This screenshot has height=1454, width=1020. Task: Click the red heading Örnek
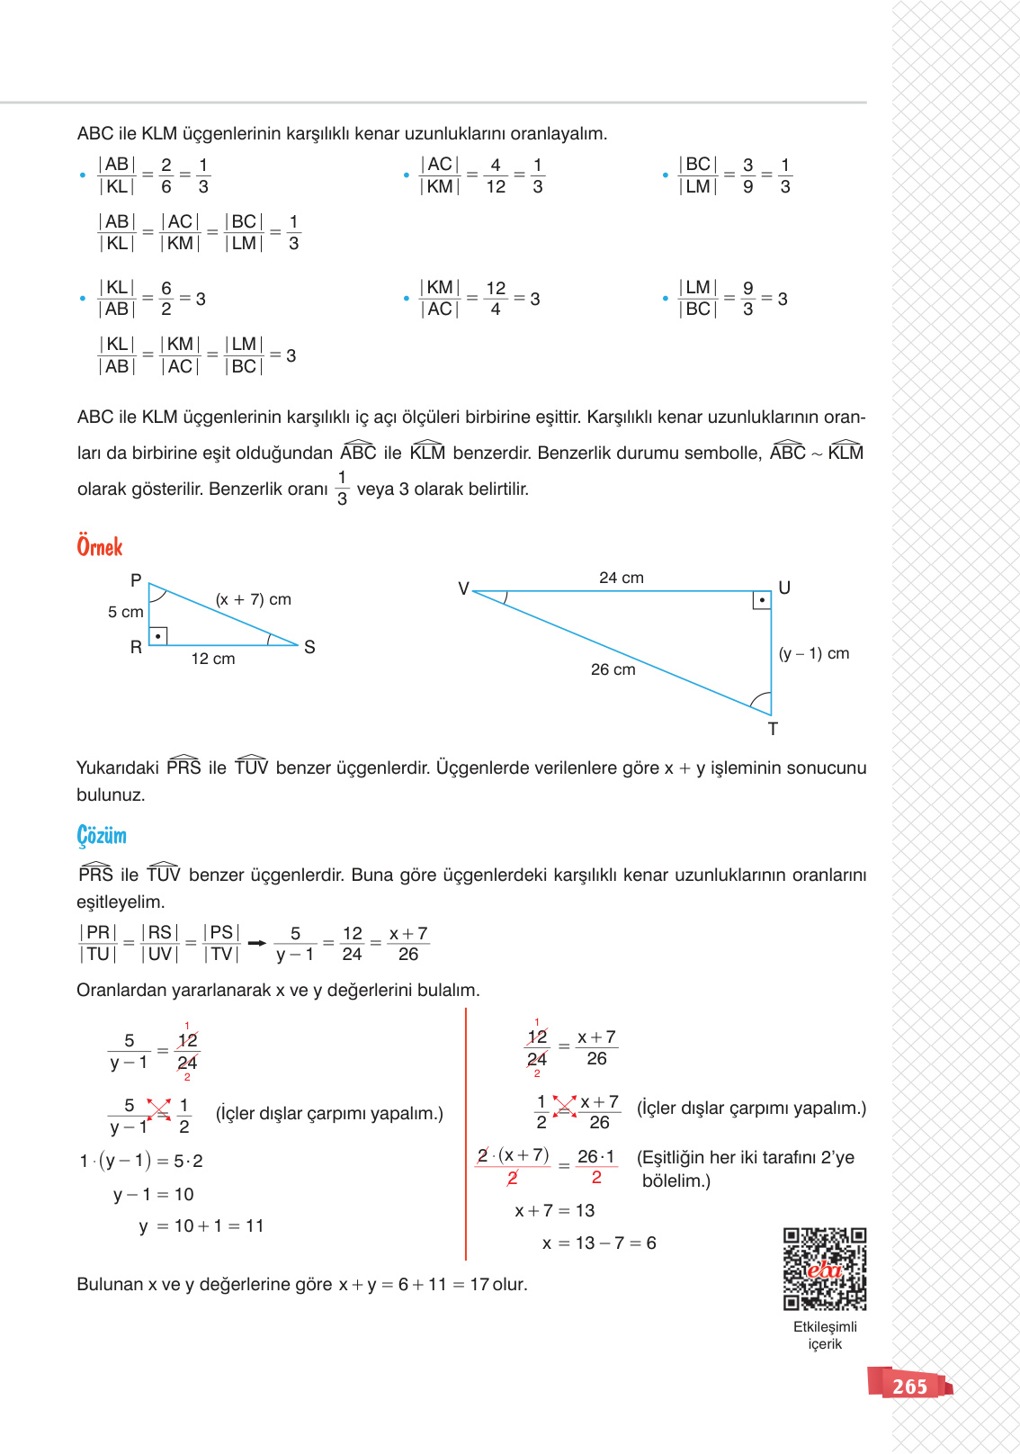click(x=100, y=546)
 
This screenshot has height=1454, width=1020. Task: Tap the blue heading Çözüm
click(x=102, y=836)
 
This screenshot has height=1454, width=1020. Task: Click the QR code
click(x=824, y=1269)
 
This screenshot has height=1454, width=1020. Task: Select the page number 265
click(x=909, y=1387)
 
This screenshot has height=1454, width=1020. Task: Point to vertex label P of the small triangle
click(x=136, y=580)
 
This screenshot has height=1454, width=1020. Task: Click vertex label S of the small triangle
click(x=309, y=647)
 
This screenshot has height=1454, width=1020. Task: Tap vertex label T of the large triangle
click(x=773, y=729)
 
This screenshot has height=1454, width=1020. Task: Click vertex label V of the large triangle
click(x=463, y=588)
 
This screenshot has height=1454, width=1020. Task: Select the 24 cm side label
click(x=622, y=578)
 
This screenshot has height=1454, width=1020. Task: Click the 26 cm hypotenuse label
click(x=613, y=669)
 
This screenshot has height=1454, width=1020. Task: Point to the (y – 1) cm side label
click(x=813, y=653)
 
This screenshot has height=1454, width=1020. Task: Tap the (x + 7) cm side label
click(x=253, y=599)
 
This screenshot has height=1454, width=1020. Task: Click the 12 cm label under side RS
click(x=213, y=659)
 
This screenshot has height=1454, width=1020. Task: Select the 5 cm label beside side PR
click(x=125, y=612)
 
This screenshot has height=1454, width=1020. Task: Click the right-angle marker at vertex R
click(x=158, y=636)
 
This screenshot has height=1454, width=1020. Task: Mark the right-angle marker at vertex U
click(x=762, y=600)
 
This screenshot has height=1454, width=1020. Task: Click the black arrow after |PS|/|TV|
click(x=257, y=943)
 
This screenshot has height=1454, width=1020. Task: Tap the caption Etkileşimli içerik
click(x=825, y=1335)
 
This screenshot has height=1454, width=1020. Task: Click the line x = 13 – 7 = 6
click(x=599, y=1243)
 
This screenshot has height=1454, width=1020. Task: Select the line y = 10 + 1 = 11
click(x=201, y=1225)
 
